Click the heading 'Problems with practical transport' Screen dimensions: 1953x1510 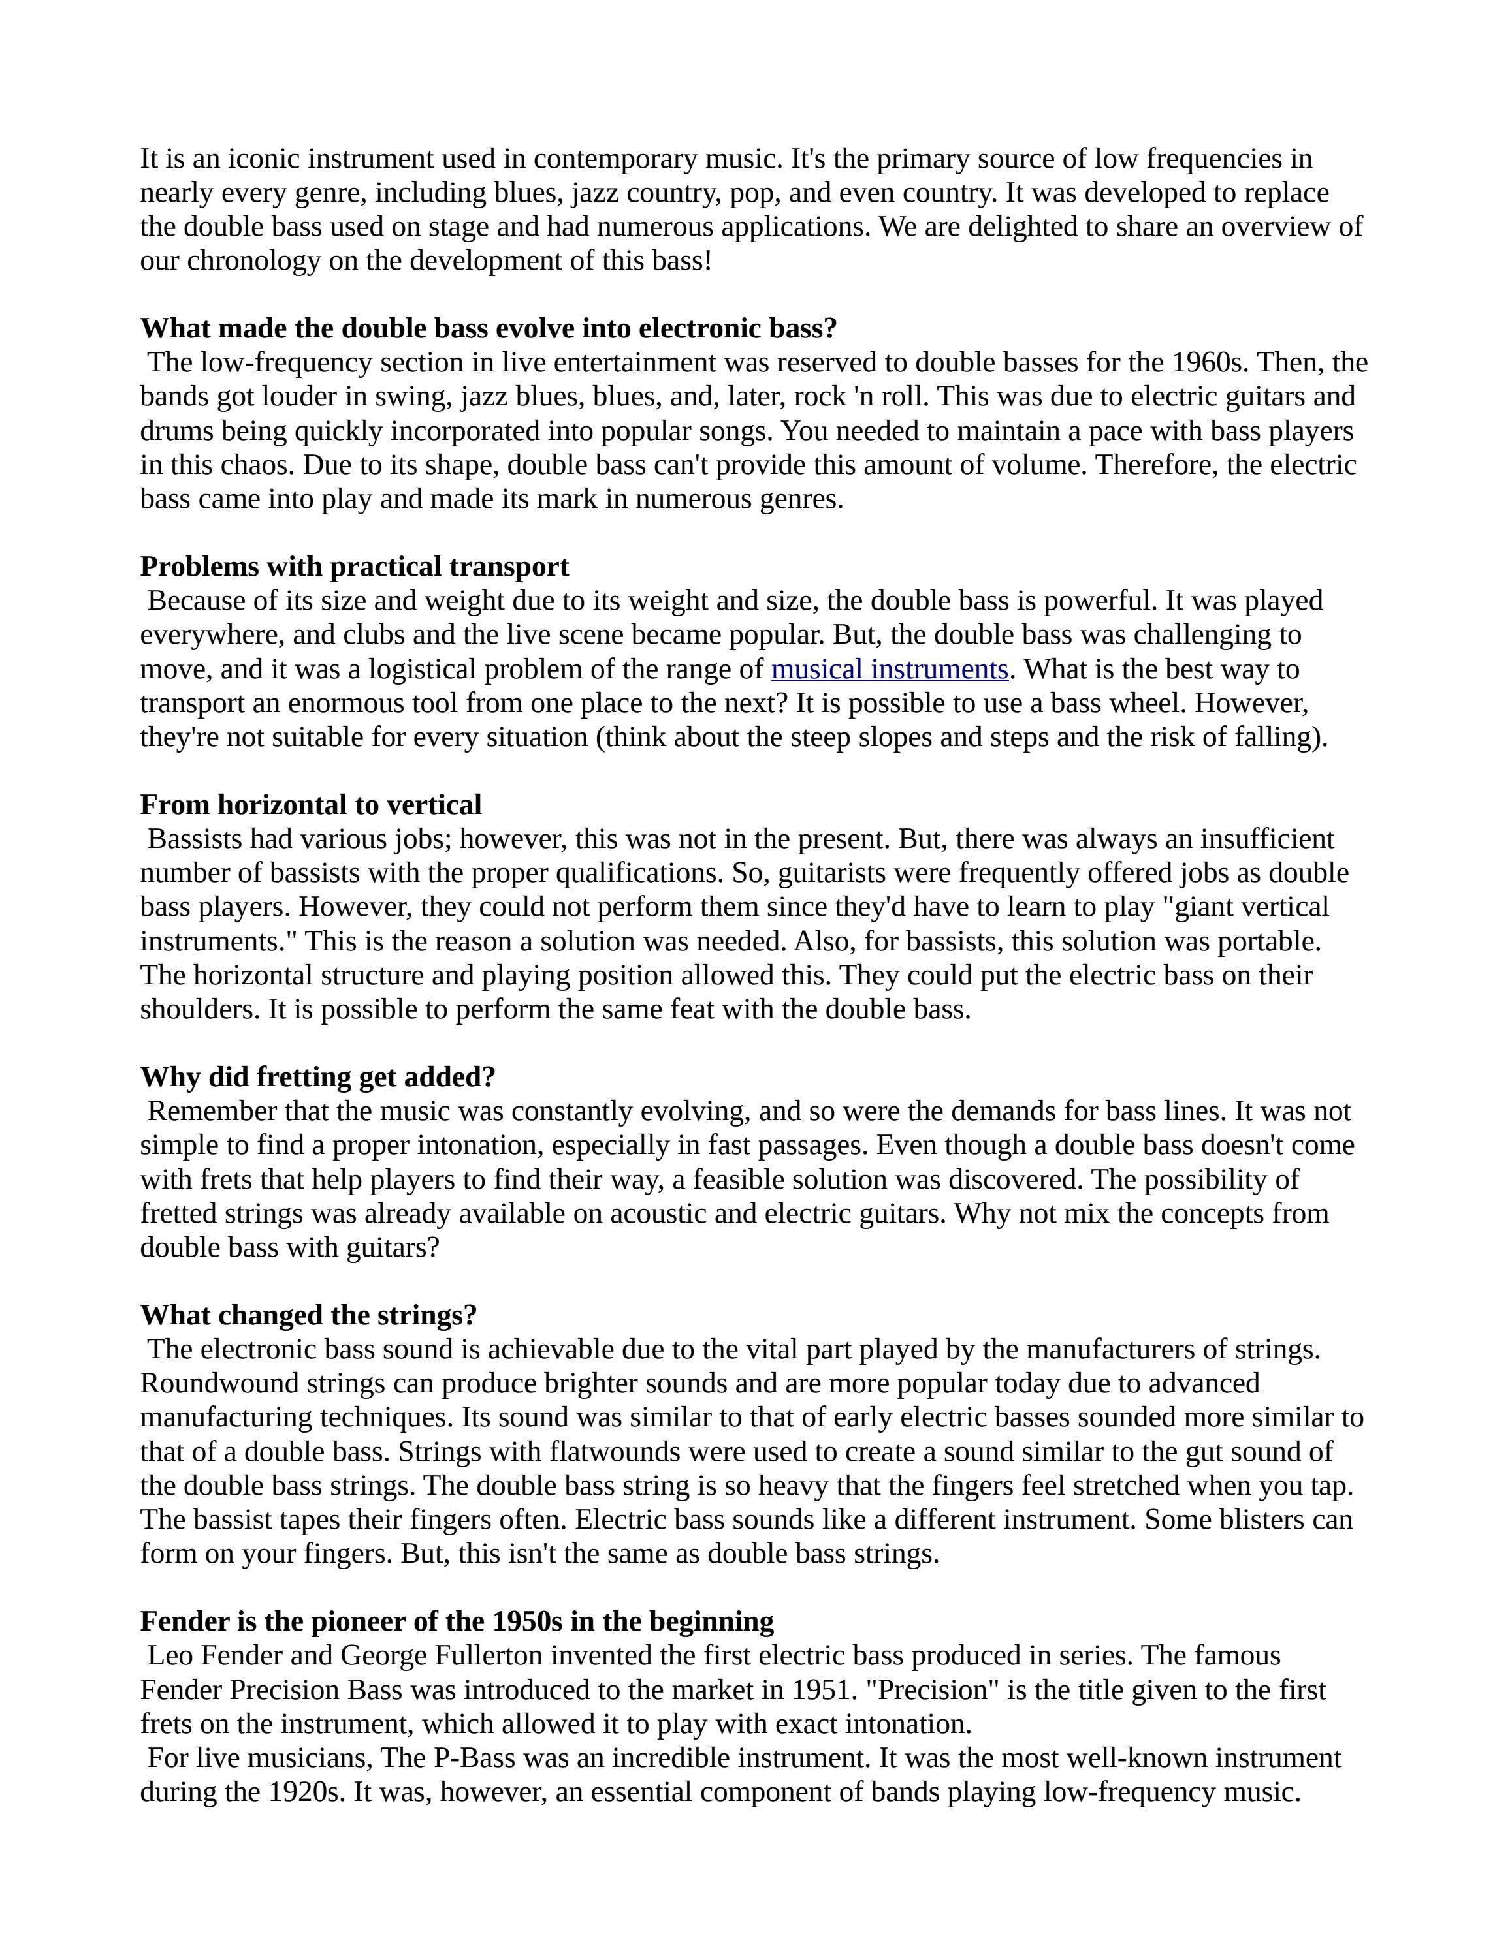point(354,567)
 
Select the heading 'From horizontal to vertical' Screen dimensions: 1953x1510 point(310,805)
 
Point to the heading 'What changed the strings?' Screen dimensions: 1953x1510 point(309,1315)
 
